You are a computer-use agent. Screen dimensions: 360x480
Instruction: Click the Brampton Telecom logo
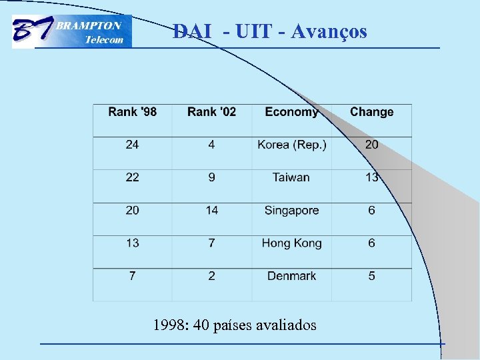pos(72,32)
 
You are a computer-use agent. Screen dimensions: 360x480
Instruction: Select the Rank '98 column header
pos(133,112)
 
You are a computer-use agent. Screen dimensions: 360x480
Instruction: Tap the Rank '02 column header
pos(211,112)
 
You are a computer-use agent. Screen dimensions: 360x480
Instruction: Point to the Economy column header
pos(291,112)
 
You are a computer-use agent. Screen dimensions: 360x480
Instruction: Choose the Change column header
pos(371,112)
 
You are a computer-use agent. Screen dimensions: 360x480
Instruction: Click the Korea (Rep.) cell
pos(292,145)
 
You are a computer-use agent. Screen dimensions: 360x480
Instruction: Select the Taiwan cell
pos(291,177)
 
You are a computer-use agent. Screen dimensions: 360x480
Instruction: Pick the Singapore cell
pos(291,210)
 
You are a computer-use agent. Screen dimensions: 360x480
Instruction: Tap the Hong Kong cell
pos(291,243)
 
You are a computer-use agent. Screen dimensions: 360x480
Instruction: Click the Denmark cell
pos(291,276)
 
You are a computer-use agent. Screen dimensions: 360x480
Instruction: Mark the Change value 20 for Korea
pos(371,145)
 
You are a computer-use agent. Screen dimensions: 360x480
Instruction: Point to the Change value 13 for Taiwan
pos(371,177)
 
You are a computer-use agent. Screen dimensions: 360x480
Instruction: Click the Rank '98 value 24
pos(133,145)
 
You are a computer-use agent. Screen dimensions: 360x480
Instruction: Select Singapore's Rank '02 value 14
pos(211,210)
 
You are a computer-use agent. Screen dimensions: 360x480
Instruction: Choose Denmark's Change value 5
pos(371,276)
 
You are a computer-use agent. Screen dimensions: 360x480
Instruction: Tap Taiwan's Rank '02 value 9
pos(211,177)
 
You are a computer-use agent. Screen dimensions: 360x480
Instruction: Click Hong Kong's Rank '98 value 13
pos(133,243)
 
